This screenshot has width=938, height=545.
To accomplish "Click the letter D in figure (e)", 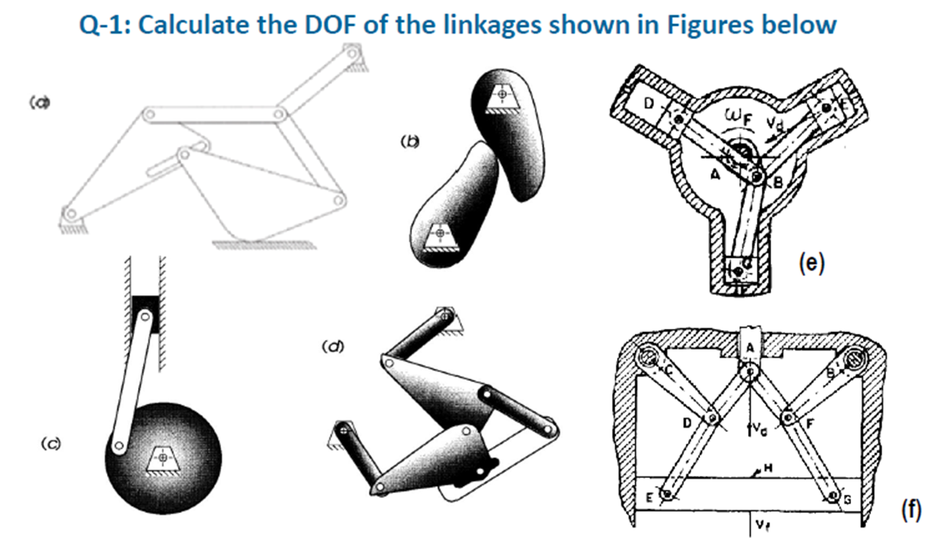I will pos(649,104).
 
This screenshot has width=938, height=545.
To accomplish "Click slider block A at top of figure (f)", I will pos(750,343).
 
